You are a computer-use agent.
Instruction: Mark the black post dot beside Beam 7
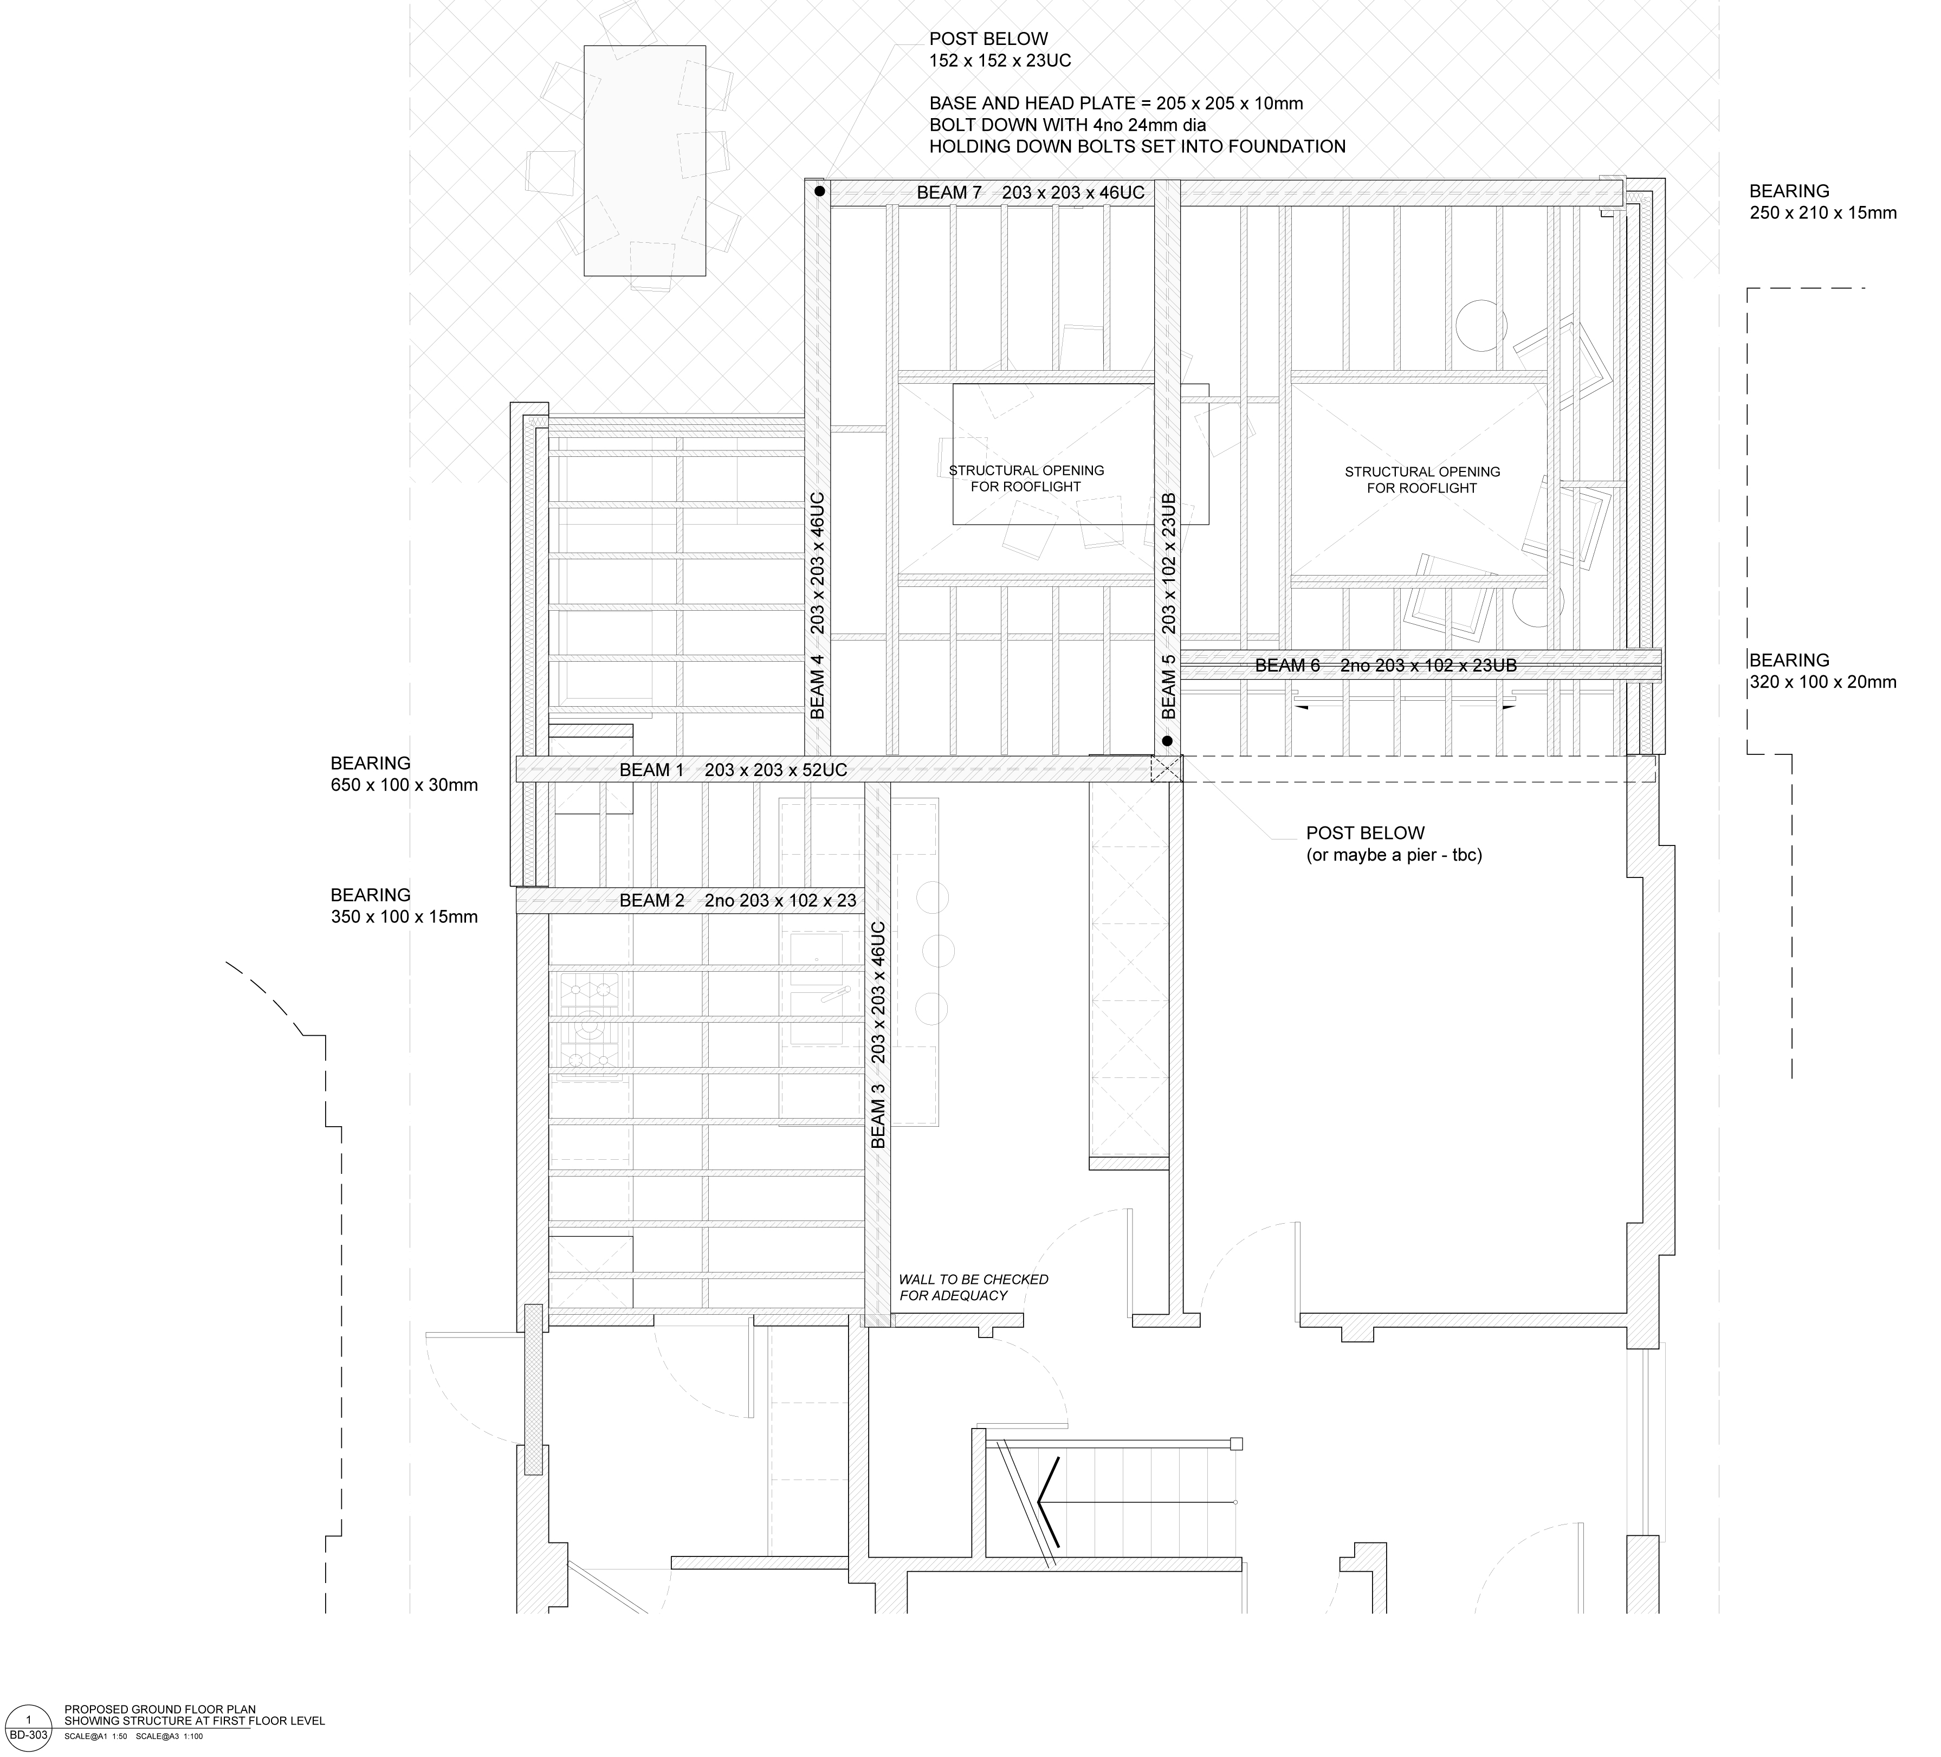tap(819, 192)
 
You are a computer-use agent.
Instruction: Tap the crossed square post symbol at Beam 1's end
tap(1166, 768)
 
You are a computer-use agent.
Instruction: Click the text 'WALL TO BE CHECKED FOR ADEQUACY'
tap(973, 1287)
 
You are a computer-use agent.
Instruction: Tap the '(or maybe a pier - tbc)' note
tap(1394, 855)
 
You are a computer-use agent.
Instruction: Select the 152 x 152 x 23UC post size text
tap(1000, 61)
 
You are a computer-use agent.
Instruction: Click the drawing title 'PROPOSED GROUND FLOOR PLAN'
tap(160, 1709)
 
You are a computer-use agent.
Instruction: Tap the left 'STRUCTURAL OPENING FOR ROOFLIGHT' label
tap(1026, 479)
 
